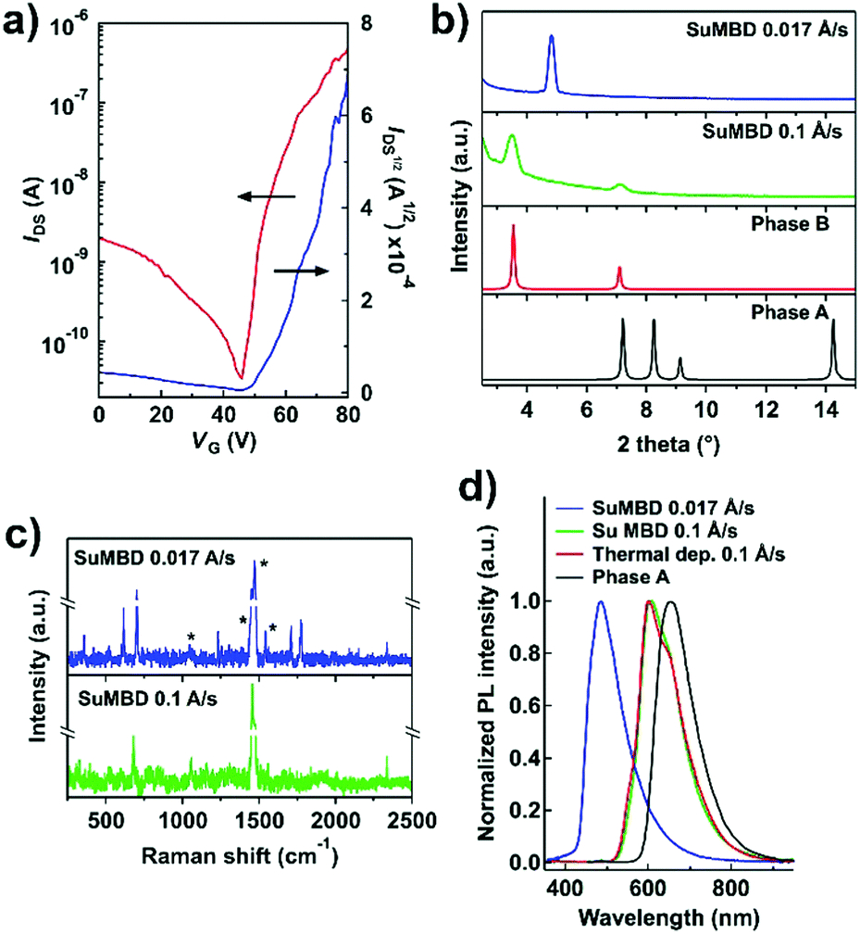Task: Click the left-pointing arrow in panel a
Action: (263, 196)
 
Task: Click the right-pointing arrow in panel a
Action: (301, 271)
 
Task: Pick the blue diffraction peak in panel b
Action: (552, 39)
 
